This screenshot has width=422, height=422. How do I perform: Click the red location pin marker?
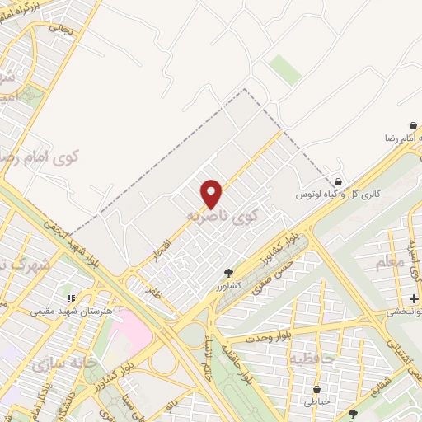tap(212, 193)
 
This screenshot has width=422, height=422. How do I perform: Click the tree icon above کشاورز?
tap(229, 273)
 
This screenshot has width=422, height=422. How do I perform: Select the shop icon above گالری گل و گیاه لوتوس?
tap(338, 182)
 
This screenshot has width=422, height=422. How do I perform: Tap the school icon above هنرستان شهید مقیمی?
tap(71, 298)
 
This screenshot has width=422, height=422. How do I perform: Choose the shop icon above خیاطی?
tap(316, 388)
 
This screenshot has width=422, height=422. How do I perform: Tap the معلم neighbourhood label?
tap(388, 263)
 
